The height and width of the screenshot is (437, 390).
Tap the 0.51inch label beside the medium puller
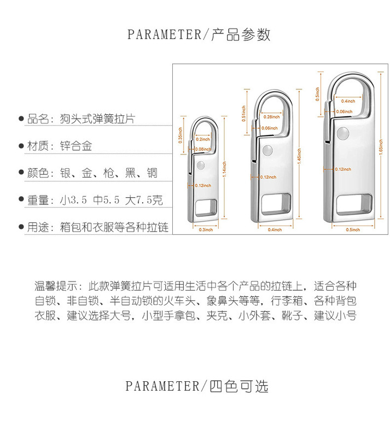tap(245, 113)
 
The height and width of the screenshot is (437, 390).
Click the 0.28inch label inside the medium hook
tap(271, 117)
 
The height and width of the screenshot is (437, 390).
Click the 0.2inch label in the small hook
tap(202, 140)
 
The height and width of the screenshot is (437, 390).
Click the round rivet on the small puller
tap(200, 165)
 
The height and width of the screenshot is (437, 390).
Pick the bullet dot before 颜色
tap(21, 174)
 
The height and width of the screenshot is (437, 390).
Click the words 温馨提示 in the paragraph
tap(54, 285)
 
